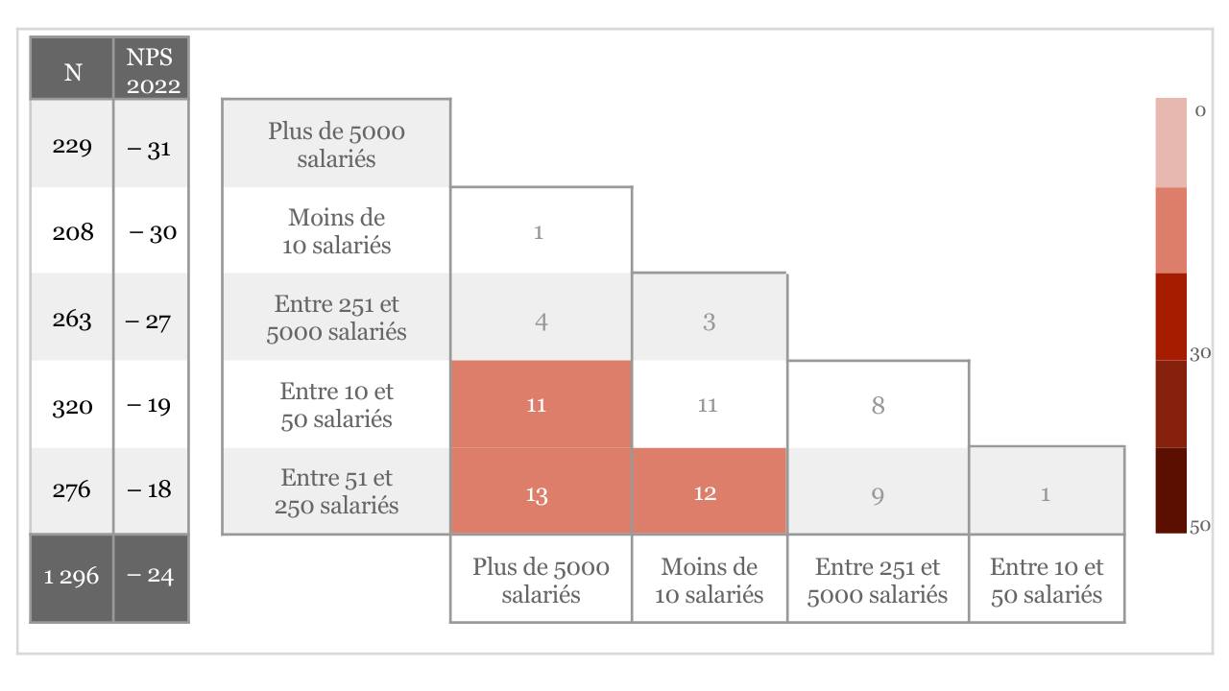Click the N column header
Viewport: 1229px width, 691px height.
click(x=72, y=72)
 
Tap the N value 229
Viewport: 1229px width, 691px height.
click(x=72, y=147)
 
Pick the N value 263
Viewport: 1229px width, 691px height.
click(x=72, y=319)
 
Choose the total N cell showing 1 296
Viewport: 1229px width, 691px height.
click(x=72, y=577)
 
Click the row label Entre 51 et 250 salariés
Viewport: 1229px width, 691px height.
click(x=336, y=491)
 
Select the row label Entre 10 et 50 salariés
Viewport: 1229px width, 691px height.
click(x=336, y=405)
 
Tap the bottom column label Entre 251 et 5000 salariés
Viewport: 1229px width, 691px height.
click(x=878, y=581)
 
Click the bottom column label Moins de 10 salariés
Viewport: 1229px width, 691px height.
click(x=710, y=581)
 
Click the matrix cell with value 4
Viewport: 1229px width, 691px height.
click(x=542, y=322)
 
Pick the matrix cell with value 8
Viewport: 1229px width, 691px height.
click(x=878, y=405)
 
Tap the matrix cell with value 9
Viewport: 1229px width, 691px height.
click(x=878, y=495)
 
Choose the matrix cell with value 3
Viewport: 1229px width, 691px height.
click(x=709, y=322)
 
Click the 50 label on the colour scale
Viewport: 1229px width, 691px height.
click(x=1199, y=525)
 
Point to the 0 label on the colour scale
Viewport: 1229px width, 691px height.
click(x=1199, y=110)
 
